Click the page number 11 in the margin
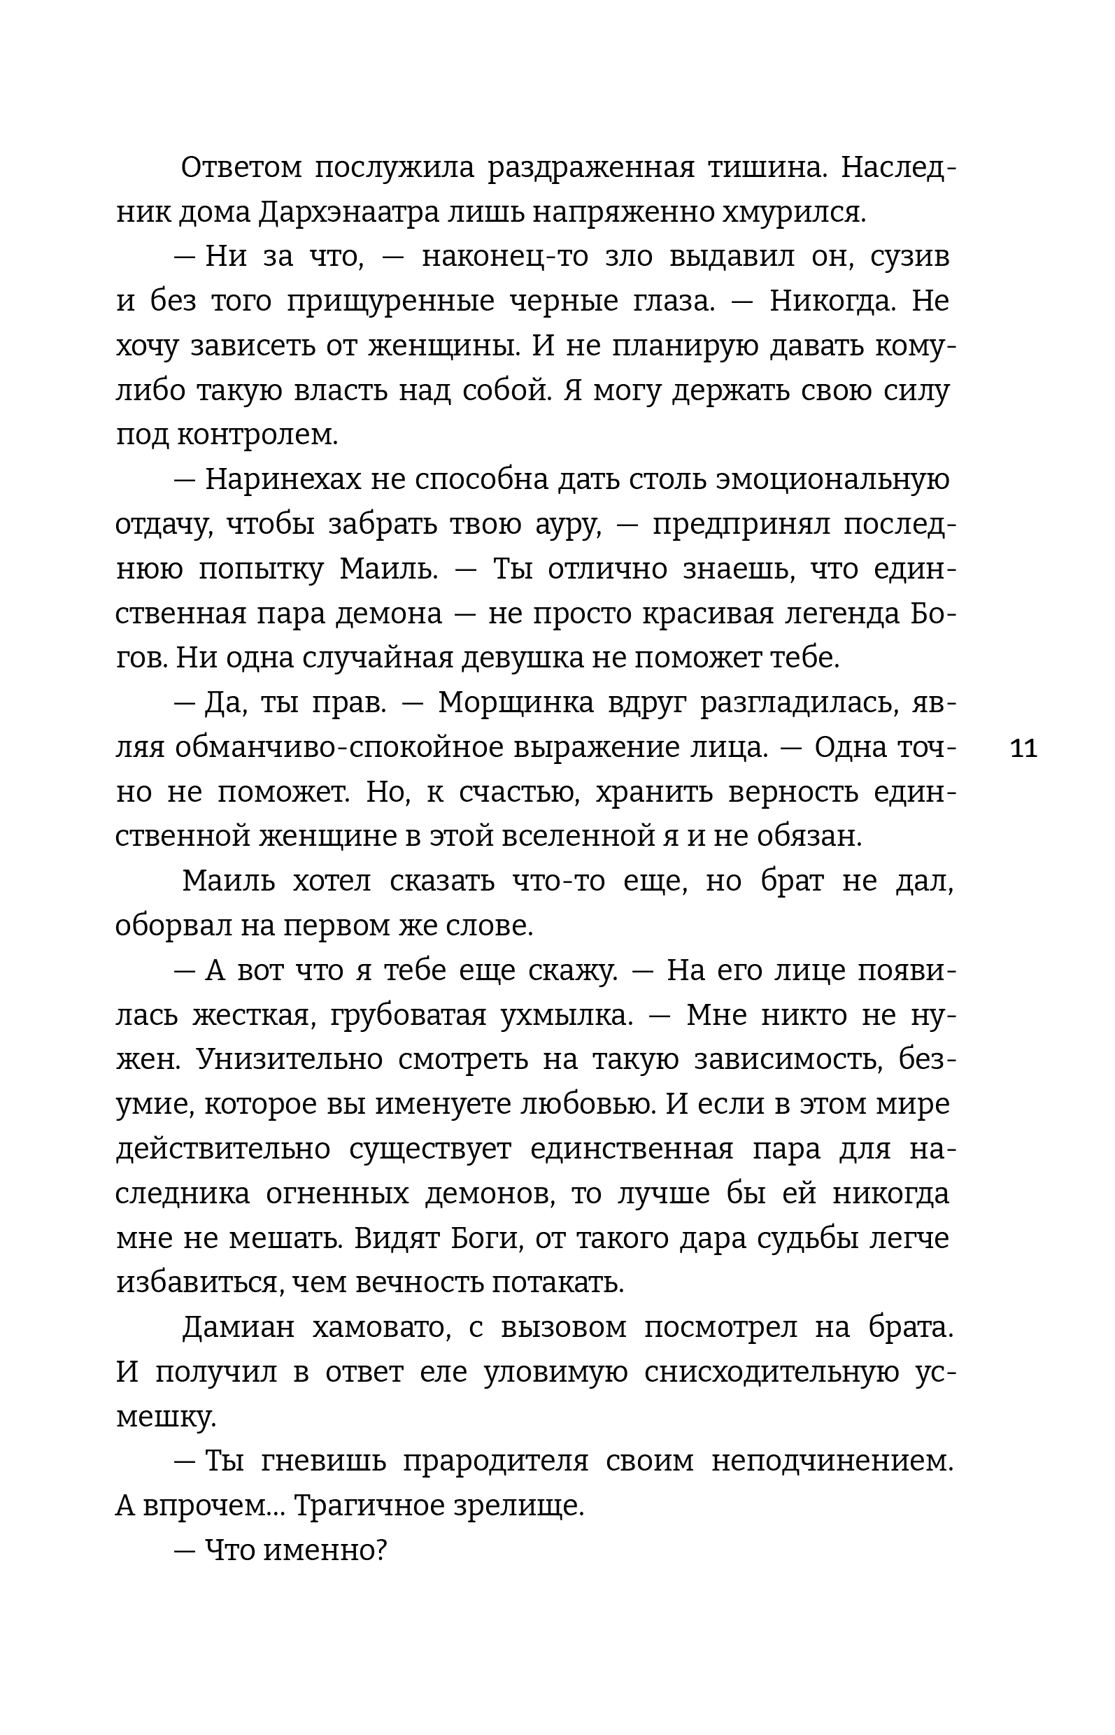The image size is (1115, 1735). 1023,748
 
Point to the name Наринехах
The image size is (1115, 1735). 283,480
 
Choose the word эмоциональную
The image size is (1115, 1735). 832,480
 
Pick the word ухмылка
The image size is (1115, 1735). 566,1015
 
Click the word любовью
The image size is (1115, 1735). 585,1104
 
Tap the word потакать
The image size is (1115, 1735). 557,1283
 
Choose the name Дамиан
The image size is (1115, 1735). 239,1327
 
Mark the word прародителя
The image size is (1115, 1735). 495,1461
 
